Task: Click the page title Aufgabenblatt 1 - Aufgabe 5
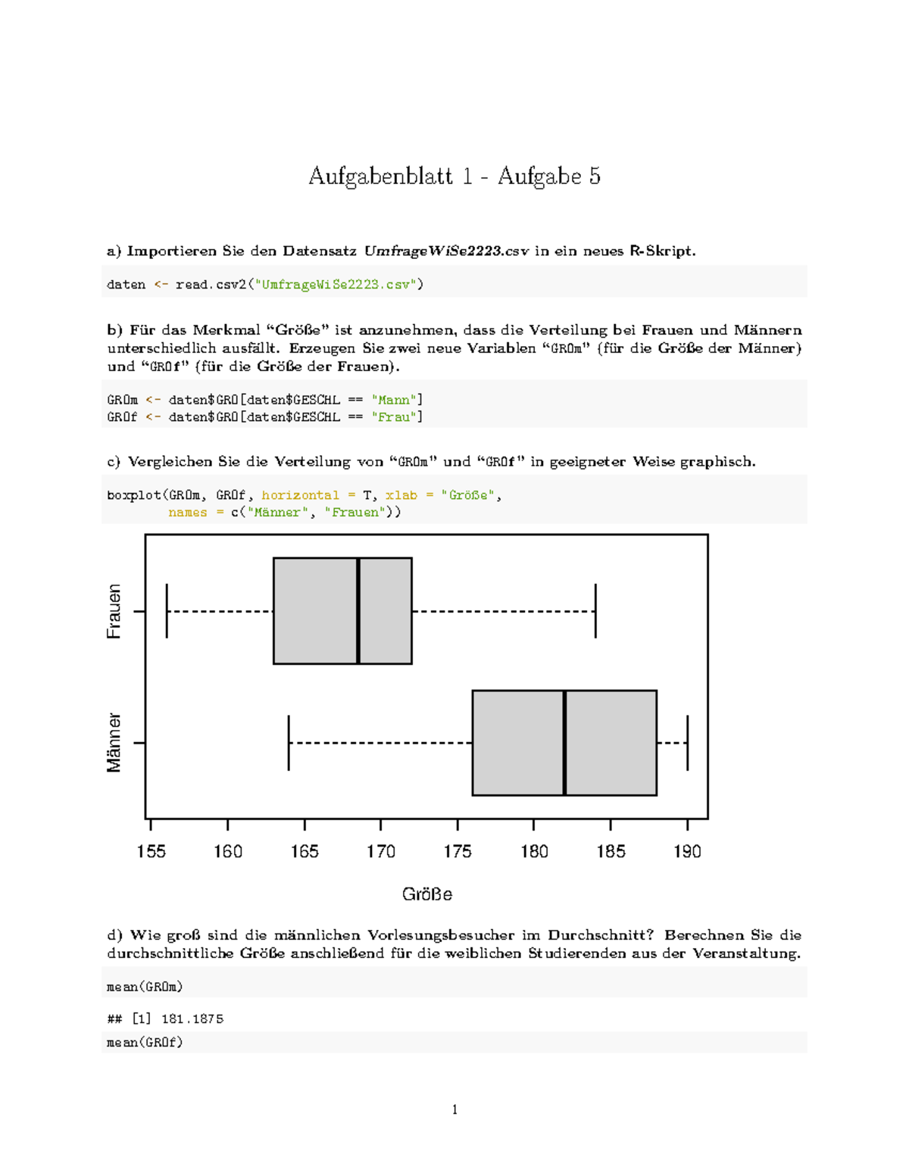[454, 176]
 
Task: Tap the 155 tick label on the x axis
[151, 852]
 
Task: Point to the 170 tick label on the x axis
[380, 852]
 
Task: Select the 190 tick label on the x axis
[687, 852]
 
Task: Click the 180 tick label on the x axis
[534, 852]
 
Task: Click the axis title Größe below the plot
[426, 894]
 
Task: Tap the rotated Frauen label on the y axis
[114, 611]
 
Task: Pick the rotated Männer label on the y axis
[114, 742]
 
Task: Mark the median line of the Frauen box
[358, 611]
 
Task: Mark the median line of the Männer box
[564, 743]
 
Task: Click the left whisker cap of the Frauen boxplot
[167, 611]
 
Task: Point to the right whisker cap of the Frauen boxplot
[595, 611]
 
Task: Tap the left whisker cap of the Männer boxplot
[289, 743]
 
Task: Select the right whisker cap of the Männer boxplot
[688, 743]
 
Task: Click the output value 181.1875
[192, 1019]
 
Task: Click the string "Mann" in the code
[393, 400]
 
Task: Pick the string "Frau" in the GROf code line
[393, 417]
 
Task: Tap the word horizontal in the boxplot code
[300, 495]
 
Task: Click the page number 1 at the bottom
[454, 1110]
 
